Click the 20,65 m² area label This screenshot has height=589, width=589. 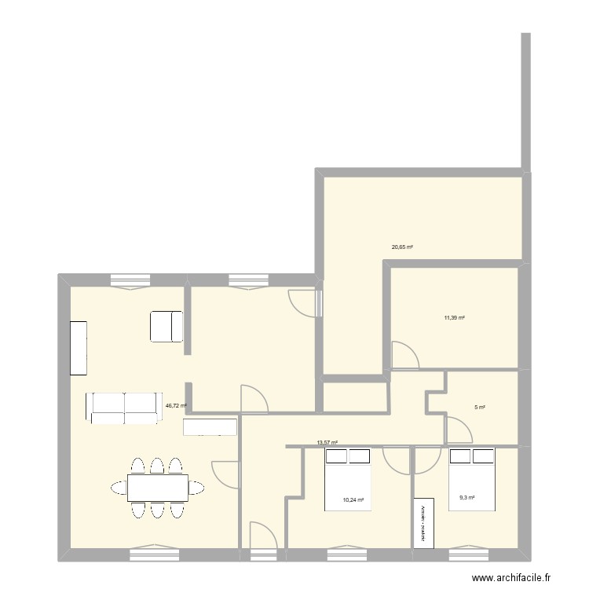tap(402, 247)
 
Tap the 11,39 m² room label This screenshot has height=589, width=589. tap(454, 318)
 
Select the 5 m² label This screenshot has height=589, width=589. tap(480, 408)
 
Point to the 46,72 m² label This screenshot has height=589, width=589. tap(176, 406)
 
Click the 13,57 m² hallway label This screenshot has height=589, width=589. tap(327, 443)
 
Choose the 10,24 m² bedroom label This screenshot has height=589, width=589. tap(353, 499)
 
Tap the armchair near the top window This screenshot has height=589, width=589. tap(166, 327)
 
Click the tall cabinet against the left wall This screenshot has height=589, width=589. tap(79, 348)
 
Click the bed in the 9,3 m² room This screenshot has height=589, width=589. tap(471, 479)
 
